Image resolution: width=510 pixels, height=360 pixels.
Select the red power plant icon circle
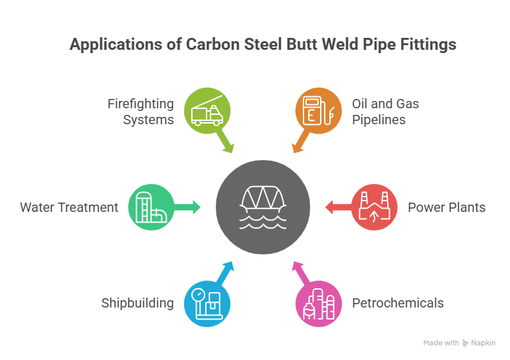coord(374,207)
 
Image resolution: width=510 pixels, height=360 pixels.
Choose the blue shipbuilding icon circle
coord(207,304)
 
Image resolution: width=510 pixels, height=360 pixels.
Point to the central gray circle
coord(263,207)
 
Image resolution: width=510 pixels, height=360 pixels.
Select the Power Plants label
coord(446,207)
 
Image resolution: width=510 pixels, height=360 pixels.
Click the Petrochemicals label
coord(397,304)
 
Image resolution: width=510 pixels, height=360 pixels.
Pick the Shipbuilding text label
coord(137,304)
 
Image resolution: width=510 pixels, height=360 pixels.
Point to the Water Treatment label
coord(68,207)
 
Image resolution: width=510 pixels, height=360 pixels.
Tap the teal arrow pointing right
coord(190,207)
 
